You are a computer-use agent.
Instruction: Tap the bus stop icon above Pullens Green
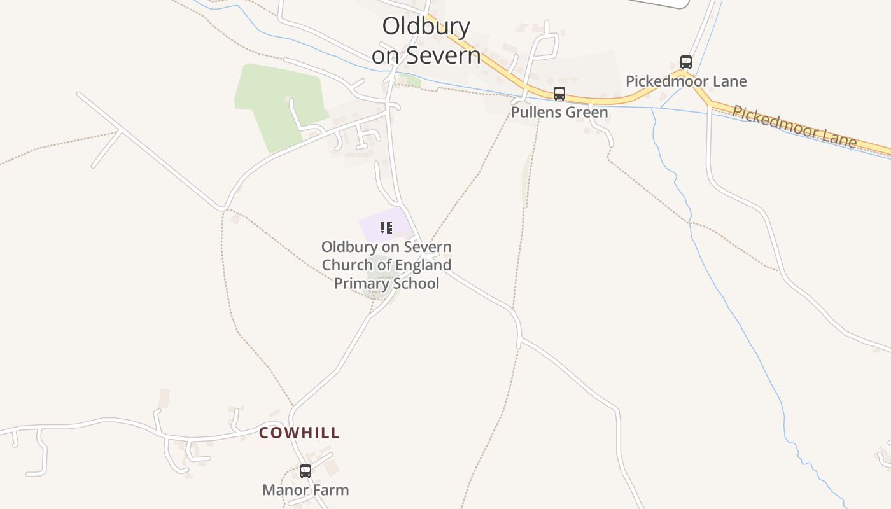click(559, 94)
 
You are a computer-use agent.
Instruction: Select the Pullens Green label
click(559, 113)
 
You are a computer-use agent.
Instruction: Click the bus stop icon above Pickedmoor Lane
click(686, 62)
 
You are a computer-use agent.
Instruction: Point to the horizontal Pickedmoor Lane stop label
click(686, 81)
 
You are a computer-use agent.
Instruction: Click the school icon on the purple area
click(386, 228)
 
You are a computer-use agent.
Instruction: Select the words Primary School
click(387, 283)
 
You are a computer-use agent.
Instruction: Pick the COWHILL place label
click(299, 433)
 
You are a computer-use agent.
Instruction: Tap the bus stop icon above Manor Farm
click(305, 471)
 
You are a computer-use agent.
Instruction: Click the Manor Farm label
click(305, 491)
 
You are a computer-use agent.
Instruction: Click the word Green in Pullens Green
click(588, 113)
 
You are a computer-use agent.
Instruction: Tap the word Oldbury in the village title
click(426, 27)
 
